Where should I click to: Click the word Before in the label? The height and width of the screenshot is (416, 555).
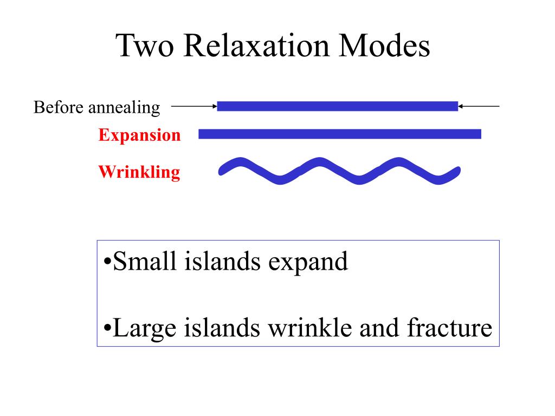59,107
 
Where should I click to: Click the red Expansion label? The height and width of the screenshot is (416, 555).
139,135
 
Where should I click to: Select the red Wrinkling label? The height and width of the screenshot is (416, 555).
139,172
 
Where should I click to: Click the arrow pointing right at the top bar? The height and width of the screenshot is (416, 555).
194,107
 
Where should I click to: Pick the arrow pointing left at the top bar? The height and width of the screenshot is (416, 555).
479,107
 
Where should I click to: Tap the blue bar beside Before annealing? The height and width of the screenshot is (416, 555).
337,107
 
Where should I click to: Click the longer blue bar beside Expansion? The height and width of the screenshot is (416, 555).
340,134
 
